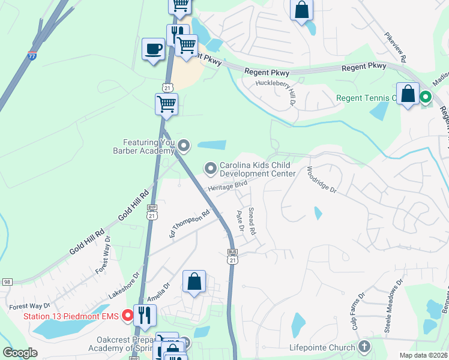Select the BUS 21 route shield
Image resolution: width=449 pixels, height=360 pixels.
[x=232, y=256]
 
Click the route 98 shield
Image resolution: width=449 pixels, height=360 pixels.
[x=7, y=282]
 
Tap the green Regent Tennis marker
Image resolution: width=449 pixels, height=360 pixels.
[x=426, y=96]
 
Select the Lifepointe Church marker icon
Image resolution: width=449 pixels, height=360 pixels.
[x=363, y=346]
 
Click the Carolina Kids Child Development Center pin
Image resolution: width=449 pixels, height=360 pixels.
[x=210, y=169]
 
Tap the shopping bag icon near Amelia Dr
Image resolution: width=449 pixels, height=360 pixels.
[x=194, y=281]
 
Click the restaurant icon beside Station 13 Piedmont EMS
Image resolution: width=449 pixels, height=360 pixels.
[x=145, y=314]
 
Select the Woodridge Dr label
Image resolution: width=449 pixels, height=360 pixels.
[x=322, y=179]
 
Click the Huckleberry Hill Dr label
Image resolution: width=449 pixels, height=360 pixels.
[x=277, y=93]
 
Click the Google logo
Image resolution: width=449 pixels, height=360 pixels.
[x=20, y=352]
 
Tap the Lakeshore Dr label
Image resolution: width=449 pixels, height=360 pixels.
[x=124, y=286]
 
